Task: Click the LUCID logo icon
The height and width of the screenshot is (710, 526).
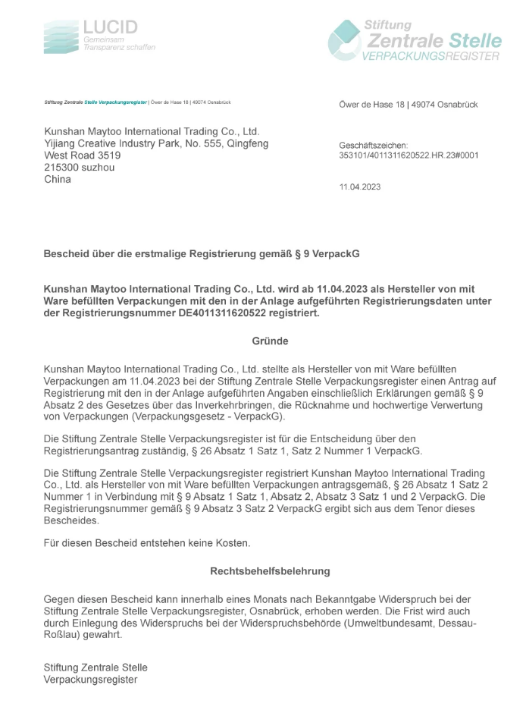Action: tap(61, 37)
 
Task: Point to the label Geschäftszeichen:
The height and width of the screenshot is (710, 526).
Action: tap(374, 144)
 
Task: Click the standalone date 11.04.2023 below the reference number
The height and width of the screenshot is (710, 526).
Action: tap(360, 186)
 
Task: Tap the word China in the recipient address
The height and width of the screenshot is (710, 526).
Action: tap(58, 180)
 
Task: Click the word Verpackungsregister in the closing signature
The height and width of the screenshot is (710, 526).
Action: tap(91, 680)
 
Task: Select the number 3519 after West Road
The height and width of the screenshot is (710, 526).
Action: tap(106, 156)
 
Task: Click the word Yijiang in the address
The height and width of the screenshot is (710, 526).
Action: tap(62, 143)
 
